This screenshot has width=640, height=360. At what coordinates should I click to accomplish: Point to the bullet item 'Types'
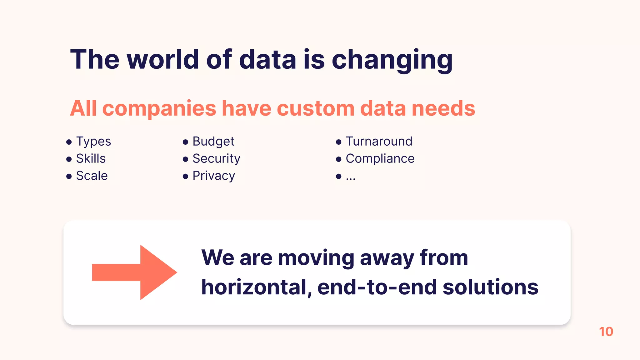tap(93, 142)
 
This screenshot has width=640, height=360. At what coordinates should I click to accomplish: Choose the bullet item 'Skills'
tap(91, 159)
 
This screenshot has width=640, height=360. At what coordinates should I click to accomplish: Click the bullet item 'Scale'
tap(92, 176)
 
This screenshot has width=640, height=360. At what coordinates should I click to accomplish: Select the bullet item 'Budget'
tap(213, 142)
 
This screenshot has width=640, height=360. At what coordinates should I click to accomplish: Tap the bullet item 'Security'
tap(216, 159)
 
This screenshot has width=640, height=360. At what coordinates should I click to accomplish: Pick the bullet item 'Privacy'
tap(214, 176)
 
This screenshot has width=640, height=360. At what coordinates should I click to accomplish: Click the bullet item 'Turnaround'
tap(379, 142)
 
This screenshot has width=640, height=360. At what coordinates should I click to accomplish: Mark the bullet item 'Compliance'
tap(380, 159)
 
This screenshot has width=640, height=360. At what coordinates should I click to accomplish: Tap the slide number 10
tap(606, 332)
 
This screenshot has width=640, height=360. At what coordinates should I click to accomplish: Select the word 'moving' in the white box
tap(316, 258)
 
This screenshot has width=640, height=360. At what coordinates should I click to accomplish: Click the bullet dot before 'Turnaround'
tap(338, 142)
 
